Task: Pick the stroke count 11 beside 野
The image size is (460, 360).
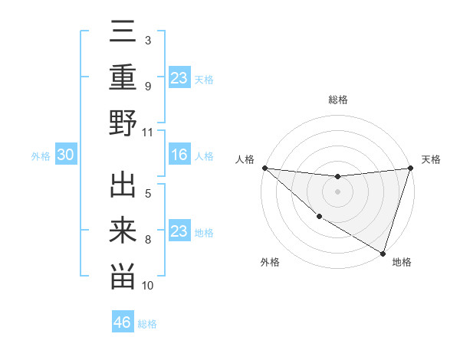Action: click(148, 131)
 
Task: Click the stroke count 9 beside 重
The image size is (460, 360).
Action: click(148, 87)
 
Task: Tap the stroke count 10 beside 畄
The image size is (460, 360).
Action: click(148, 285)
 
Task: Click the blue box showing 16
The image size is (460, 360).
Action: click(179, 155)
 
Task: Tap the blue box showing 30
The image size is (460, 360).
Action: click(65, 155)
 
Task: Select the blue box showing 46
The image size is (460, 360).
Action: click(122, 322)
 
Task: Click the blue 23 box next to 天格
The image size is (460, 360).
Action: click(179, 78)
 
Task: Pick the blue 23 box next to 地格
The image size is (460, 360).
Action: click(179, 231)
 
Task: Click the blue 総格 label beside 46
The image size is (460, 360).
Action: click(147, 324)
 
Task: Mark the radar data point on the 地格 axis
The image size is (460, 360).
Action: click(383, 253)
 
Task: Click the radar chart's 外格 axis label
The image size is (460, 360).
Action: click(269, 262)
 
